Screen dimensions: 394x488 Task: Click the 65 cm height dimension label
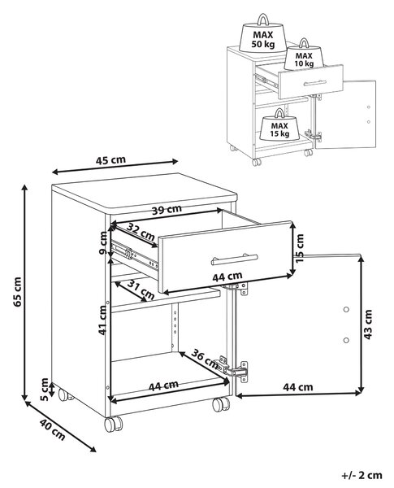(x=17, y=291)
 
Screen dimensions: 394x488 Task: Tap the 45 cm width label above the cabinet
(x=110, y=160)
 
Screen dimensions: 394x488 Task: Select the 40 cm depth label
(x=52, y=429)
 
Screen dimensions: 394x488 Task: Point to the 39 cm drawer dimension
(x=167, y=210)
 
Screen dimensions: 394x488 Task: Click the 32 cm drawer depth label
(x=141, y=232)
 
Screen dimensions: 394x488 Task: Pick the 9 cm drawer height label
(x=103, y=242)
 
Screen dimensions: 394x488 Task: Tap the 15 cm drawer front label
(x=299, y=248)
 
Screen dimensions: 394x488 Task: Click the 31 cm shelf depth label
(x=141, y=290)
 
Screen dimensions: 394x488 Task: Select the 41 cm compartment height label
(x=102, y=320)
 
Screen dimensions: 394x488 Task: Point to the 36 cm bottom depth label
(x=205, y=359)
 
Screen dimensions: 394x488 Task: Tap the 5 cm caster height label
(x=45, y=389)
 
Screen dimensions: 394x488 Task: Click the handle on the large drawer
(x=235, y=259)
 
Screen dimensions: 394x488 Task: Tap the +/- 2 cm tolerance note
(x=362, y=476)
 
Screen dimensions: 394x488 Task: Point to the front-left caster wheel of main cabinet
(x=113, y=425)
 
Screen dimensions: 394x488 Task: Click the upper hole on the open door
(x=346, y=309)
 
